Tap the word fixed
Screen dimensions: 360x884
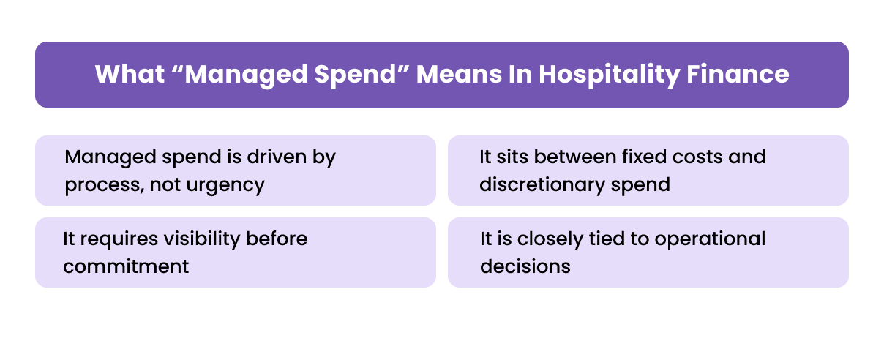pos(643,157)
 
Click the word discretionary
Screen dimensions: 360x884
pos(538,184)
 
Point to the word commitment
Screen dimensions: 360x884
pos(126,266)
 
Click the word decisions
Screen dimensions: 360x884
pos(525,266)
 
